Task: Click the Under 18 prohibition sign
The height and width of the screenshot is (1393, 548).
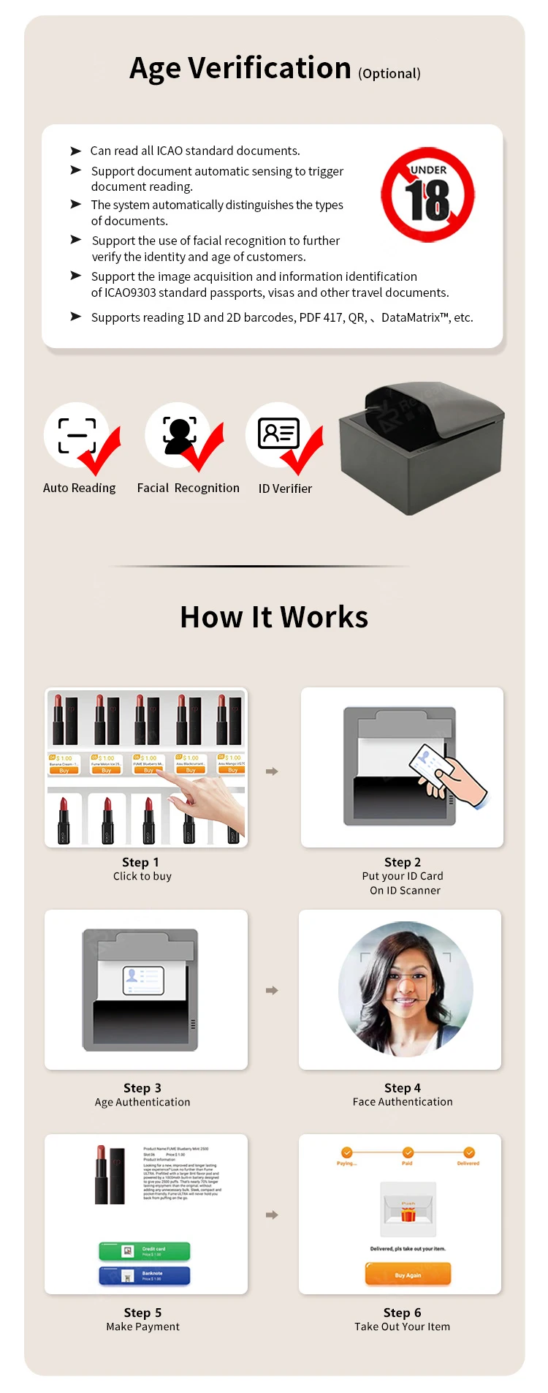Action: pos(427,196)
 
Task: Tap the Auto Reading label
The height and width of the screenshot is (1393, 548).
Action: pos(79,488)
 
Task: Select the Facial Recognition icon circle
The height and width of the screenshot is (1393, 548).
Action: pos(178,434)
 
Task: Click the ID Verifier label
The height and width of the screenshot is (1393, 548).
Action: pos(285,488)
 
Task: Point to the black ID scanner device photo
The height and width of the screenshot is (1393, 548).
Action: pos(422,448)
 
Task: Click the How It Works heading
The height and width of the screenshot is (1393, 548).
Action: pos(274,617)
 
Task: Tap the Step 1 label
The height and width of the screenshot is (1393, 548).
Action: pos(140,862)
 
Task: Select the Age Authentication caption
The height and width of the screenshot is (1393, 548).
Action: pos(142,1102)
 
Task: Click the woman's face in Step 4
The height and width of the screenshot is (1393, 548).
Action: pos(405,984)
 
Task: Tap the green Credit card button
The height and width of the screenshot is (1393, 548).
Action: pos(145,1251)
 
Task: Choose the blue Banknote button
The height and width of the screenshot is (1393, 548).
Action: pos(145,1275)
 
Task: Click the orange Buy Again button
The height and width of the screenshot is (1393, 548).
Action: pos(408,1275)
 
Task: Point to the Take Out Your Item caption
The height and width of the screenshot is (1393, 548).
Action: pos(402,1326)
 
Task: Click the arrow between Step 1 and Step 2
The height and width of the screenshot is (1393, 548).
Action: pos(272,771)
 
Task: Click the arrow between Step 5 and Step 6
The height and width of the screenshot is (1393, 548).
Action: pos(272,1215)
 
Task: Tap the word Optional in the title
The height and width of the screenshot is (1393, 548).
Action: pos(389,74)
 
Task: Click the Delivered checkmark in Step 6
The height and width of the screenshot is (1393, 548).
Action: pos(469,1152)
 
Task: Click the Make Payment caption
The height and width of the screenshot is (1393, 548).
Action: pos(142,1326)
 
